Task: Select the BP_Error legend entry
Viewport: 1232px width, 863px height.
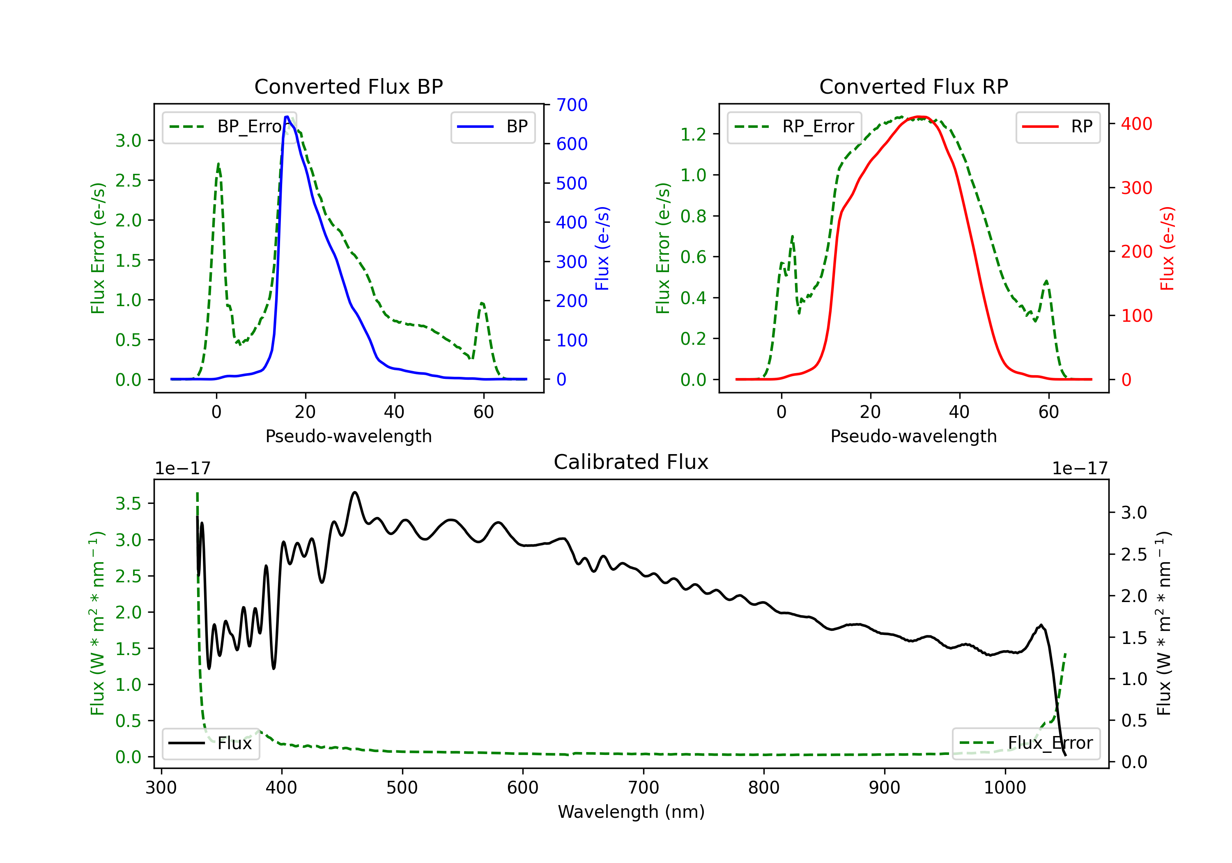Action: [x=230, y=127]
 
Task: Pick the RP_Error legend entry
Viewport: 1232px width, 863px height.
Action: [x=795, y=127]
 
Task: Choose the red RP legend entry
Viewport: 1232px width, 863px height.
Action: [x=1057, y=127]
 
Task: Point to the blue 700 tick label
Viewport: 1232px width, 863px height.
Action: [x=572, y=105]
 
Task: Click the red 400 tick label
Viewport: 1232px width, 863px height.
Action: [x=1136, y=124]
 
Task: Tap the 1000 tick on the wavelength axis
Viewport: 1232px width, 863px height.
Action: [x=1004, y=788]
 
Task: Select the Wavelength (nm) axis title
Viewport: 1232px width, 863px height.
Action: [x=631, y=812]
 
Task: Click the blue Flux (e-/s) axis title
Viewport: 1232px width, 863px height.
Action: [x=602, y=248]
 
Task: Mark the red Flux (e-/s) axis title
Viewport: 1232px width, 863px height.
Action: [x=1168, y=248]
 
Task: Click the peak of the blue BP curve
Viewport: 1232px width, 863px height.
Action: [x=287, y=117]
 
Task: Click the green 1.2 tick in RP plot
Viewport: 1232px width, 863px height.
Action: [x=693, y=134]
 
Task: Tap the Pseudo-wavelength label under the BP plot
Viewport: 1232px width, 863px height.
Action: [x=348, y=436]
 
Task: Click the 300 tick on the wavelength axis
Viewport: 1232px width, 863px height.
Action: [x=161, y=788]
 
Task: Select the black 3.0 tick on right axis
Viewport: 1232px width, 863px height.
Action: [x=1134, y=512]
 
